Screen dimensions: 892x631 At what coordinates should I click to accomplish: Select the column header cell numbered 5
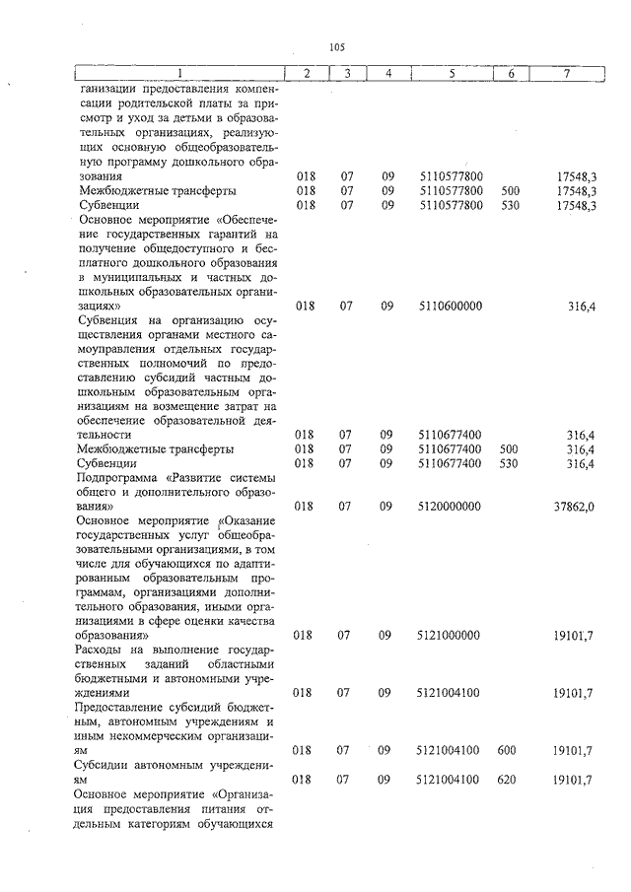[x=451, y=74]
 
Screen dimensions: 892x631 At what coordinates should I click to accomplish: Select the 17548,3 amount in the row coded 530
[x=576, y=205]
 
